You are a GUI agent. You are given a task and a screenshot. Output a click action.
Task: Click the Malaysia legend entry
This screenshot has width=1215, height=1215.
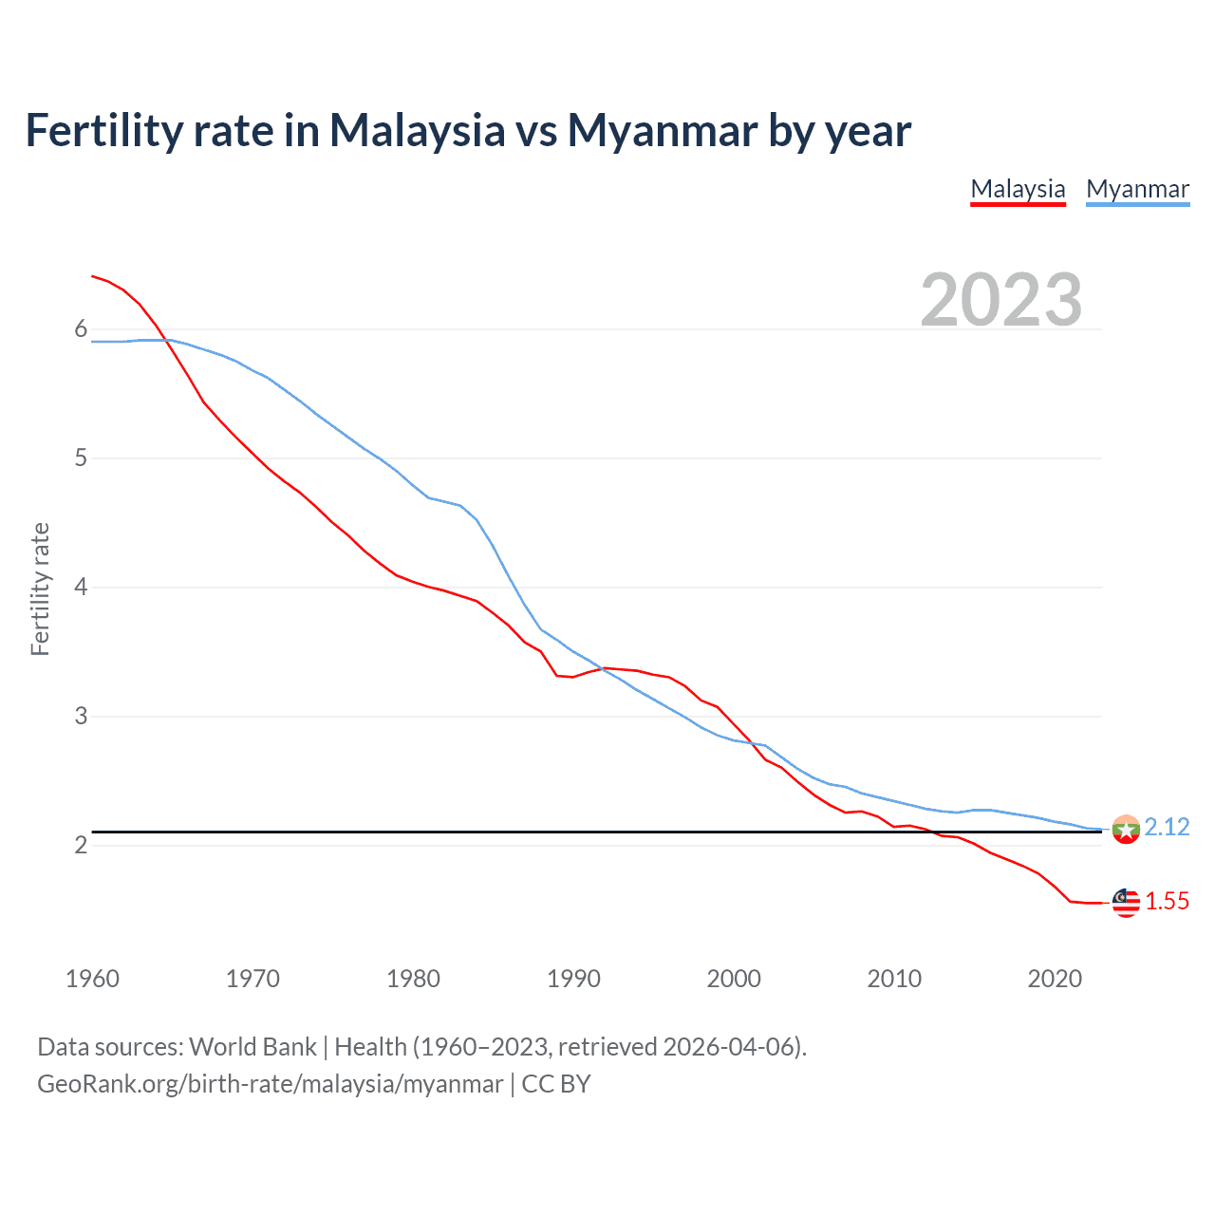pos(1018,189)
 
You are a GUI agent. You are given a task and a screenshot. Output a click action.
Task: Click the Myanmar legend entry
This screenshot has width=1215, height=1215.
pos(1137,189)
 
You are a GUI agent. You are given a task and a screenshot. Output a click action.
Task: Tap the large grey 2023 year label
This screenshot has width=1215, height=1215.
pos(1000,300)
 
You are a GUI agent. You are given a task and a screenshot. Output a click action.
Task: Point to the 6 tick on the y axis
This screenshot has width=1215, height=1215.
pos(81,329)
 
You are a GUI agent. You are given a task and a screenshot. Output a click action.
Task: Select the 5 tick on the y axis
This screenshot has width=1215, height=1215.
pos(81,458)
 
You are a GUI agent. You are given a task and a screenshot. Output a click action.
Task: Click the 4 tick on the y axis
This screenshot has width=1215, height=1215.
pos(81,588)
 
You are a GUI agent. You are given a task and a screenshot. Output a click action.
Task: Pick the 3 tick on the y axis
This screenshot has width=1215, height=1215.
pos(81,717)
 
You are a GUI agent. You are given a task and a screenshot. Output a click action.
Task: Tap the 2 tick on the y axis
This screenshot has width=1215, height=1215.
pos(81,845)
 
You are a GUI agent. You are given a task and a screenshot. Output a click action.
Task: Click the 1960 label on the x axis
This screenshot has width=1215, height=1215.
pos(92,979)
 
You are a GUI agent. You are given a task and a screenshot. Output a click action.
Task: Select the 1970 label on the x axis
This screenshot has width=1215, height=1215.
pos(252,979)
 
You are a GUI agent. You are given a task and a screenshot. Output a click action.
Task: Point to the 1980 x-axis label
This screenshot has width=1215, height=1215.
pos(413,979)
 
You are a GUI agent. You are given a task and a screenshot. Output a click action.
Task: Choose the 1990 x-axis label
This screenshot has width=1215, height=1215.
pos(573,979)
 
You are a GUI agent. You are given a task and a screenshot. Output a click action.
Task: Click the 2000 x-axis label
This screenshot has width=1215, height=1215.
pos(734,979)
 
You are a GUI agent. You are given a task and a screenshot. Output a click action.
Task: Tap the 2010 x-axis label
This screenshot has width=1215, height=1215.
pos(894,979)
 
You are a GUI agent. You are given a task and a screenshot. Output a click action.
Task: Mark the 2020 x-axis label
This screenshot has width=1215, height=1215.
pos(1055,979)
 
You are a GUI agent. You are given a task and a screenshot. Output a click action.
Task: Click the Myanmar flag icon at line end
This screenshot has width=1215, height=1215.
pos(1126,830)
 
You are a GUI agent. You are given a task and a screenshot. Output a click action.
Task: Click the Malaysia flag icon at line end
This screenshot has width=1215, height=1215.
pos(1126,903)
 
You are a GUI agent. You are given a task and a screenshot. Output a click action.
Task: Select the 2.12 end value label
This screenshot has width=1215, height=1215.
pos(1167,828)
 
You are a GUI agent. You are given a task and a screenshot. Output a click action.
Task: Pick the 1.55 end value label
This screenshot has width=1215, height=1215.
pos(1167,902)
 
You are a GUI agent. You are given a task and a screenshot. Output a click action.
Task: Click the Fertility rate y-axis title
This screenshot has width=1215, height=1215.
pos(40,589)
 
